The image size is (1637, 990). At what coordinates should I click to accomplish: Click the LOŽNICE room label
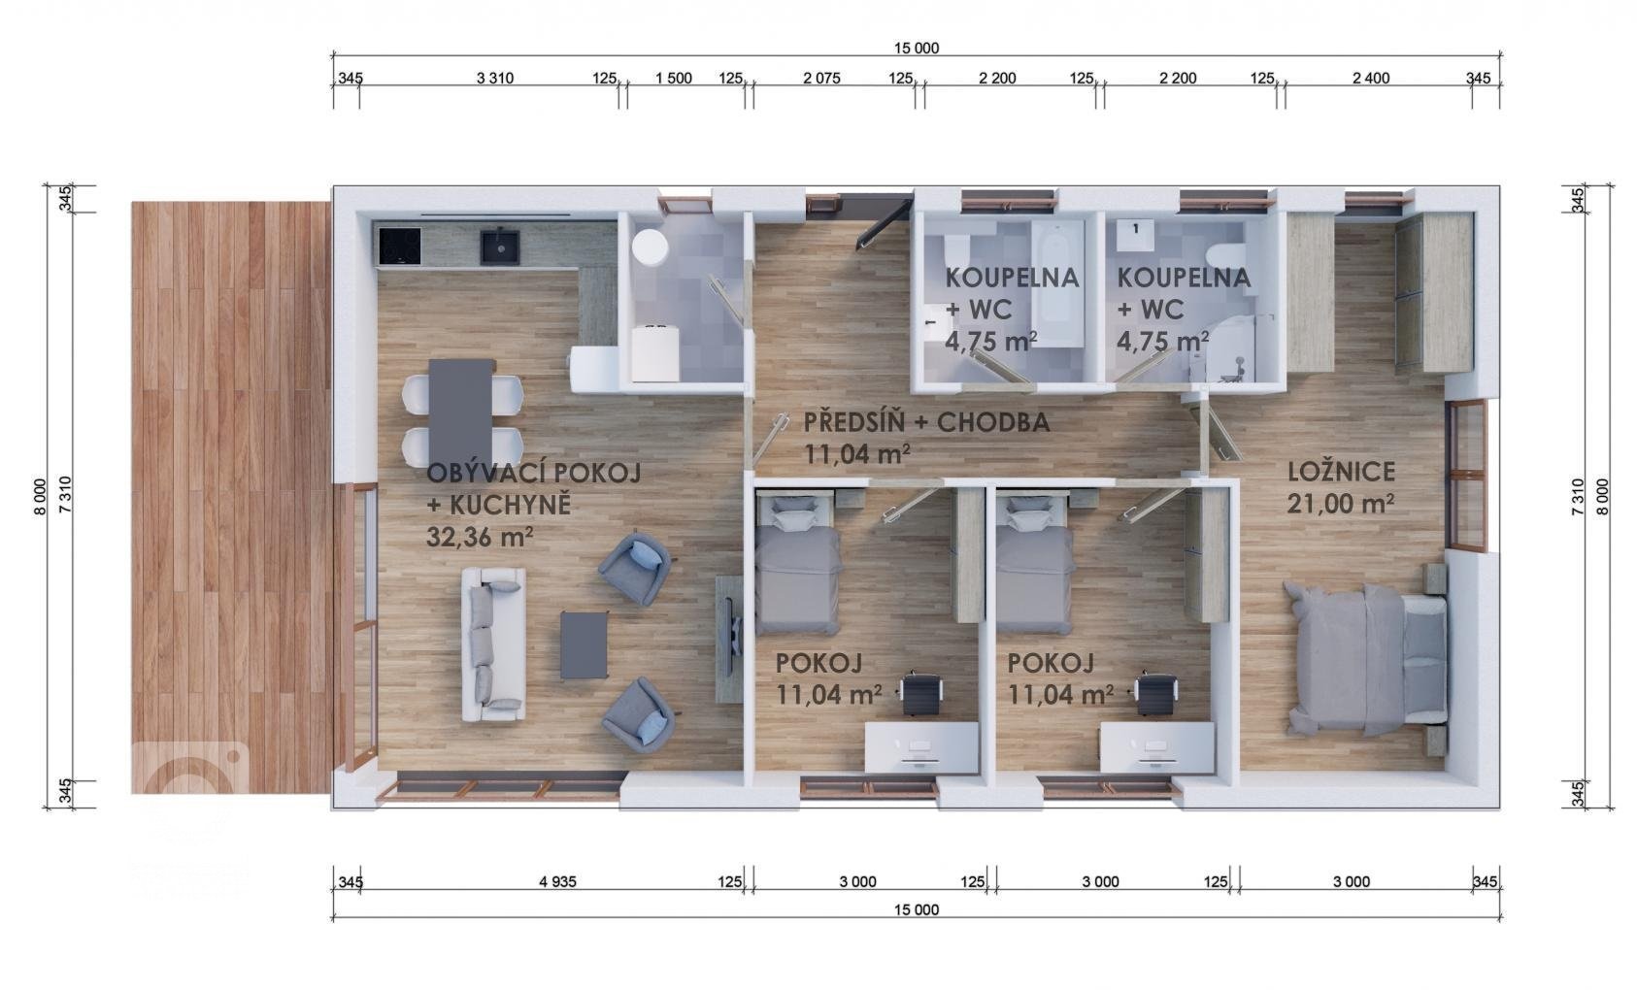[x=1341, y=472]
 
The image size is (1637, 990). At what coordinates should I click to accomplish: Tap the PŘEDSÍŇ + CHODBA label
[x=926, y=422]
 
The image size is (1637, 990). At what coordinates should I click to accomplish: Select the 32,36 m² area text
[x=480, y=538]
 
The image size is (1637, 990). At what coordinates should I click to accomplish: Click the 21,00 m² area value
[x=1340, y=504]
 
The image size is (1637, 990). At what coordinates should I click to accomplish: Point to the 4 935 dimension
[x=557, y=882]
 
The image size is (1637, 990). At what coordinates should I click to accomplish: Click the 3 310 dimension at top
[x=495, y=79]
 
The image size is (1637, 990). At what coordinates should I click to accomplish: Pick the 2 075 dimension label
[x=822, y=79]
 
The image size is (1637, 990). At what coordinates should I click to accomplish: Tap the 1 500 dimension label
[x=673, y=79]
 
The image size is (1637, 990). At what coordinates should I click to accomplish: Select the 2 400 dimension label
[x=1371, y=79]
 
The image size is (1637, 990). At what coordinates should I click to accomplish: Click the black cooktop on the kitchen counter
[x=400, y=247]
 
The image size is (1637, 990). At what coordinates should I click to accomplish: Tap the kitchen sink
[x=500, y=247]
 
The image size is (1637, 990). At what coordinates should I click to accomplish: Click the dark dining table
[x=462, y=413]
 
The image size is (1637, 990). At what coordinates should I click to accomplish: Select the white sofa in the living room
[x=493, y=645]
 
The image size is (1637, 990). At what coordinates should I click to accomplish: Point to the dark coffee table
[x=584, y=645]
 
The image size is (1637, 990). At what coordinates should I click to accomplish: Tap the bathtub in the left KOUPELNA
[x=1057, y=285]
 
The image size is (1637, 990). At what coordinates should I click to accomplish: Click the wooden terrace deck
[x=231, y=498]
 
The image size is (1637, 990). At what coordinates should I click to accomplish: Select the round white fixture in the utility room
[x=651, y=247]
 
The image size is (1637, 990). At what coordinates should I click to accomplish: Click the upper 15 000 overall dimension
[x=917, y=49]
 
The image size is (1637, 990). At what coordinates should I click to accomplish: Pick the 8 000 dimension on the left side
[x=40, y=497]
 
